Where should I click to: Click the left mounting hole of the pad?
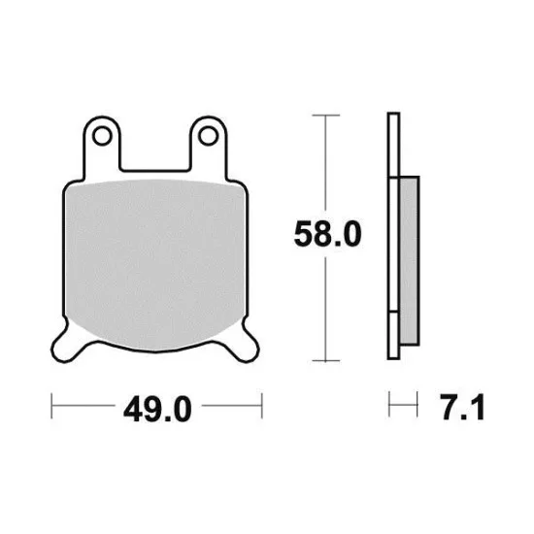(x=102, y=136)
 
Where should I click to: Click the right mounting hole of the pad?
(x=208, y=136)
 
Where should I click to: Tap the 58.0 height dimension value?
(x=327, y=234)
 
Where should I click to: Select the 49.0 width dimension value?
(x=157, y=409)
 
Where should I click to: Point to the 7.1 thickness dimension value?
(x=462, y=407)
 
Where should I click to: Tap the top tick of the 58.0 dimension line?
(x=326, y=116)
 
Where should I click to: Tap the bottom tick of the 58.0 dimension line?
(x=326, y=360)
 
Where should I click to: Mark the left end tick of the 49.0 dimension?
(x=51, y=406)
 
